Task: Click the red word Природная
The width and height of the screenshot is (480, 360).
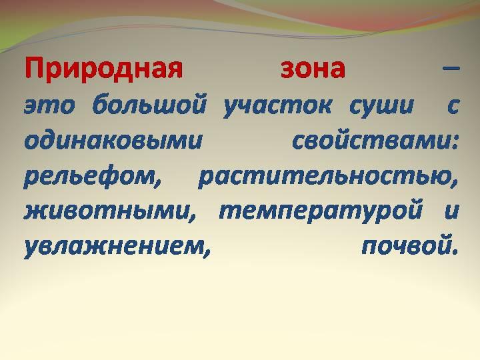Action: pos(104,69)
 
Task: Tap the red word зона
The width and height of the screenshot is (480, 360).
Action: pos(313,69)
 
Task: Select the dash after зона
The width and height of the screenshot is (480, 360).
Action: pos(451,68)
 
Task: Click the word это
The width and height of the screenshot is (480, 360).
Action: pos(49,106)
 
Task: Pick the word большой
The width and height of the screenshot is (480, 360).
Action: pos(149,105)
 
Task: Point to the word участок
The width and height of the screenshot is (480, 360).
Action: pos(277,108)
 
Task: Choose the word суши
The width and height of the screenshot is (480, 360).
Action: pos(381,106)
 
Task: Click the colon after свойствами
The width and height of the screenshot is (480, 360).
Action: pos(454,142)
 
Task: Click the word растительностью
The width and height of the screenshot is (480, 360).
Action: pos(326,178)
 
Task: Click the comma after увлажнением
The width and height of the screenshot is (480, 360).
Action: pos(207,253)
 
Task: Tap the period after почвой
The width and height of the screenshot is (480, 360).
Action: pos(455,252)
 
